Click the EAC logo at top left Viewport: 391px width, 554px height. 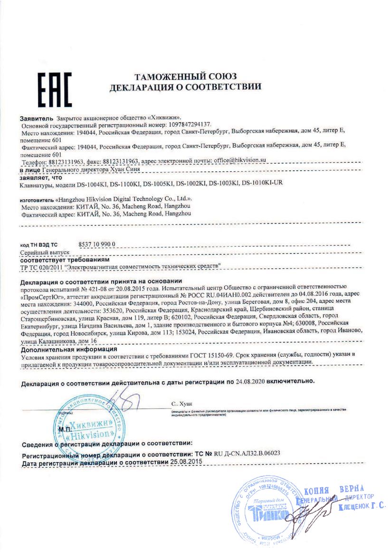click(55, 89)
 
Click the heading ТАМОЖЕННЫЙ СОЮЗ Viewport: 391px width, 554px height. click(186, 77)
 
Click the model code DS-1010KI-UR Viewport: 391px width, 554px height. click(262, 183)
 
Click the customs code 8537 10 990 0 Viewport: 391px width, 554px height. click(96, 244)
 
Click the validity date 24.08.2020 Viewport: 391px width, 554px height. click(250, 381)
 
